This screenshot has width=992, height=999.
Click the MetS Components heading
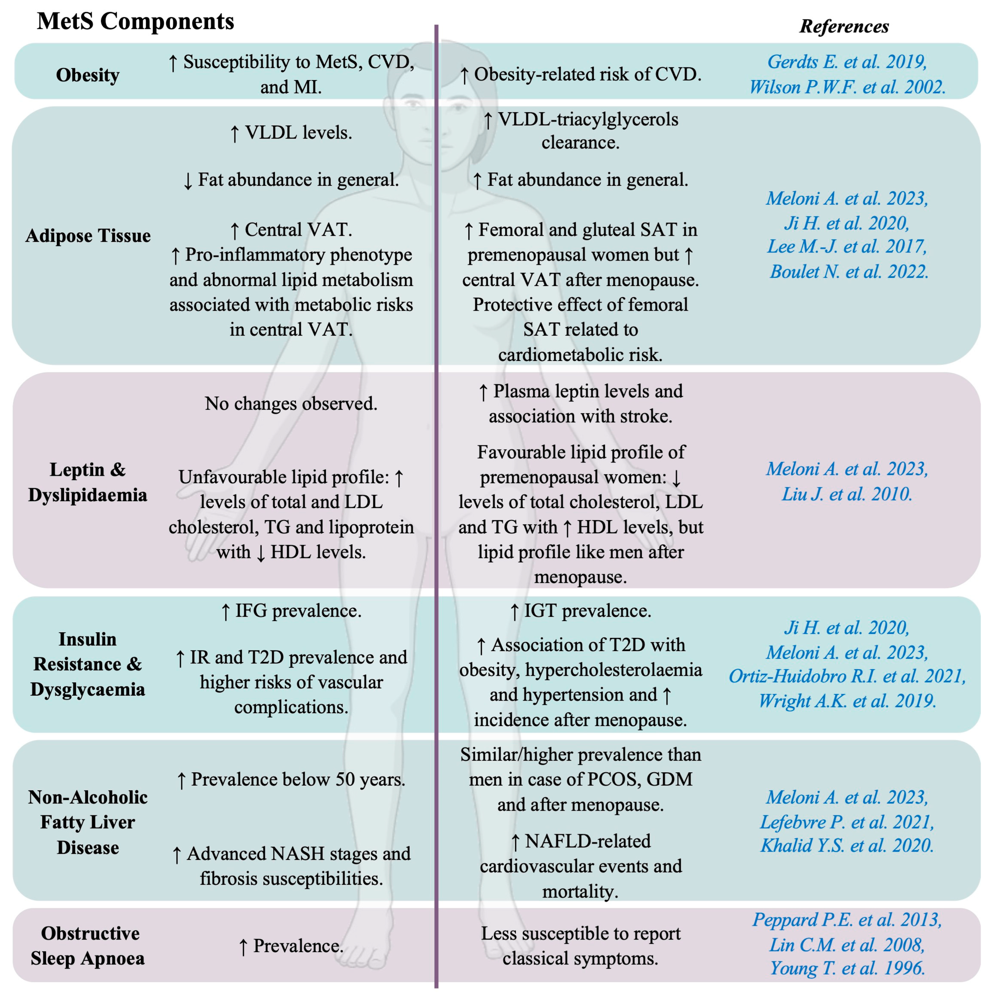coord(136,22)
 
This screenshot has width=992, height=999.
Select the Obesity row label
coord(88,75)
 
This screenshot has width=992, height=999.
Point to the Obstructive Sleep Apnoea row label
coord(88,946)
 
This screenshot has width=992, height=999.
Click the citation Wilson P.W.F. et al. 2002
coord(847,87)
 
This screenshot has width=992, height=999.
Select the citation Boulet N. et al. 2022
coord(849,271)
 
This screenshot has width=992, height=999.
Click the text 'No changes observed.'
coord(291,403)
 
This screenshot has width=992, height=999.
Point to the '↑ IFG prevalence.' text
coord(291,611)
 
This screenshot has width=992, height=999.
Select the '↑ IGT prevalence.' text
coord(580,611)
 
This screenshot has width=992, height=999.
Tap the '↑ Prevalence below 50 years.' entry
coord(291,779)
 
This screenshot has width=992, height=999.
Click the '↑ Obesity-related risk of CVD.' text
coord(580,74)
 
